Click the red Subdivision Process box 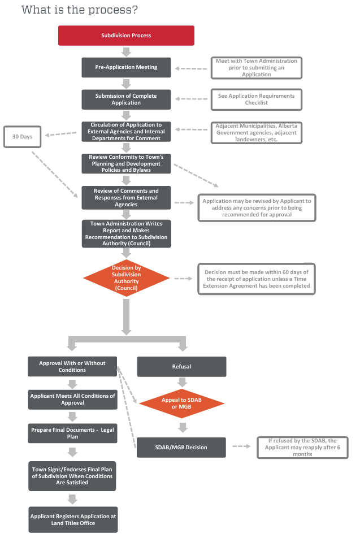click(x=126, y=35)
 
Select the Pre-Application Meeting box click(x=126, y=67)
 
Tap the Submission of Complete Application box click(x=126, y=99)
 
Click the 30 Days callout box click(x=23, y=137)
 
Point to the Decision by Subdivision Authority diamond click(x=126, y=277)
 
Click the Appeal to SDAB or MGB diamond click(x=181, y=403)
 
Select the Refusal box click(x=181, y=367)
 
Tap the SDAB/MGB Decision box click(x=181, y=447)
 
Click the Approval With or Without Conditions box click(x=72, y=367)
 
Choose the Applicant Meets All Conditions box click(x=72, y=400)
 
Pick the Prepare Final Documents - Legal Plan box click(x=72, y=433)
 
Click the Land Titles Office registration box click(x=72, y=519)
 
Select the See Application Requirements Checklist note click(x=256, y=99)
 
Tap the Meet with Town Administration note click(x=256, y=67)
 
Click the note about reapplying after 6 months click(x=302, y=447)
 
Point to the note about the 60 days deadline click(x=256, y=279)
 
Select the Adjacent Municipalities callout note click(x=256, y=132)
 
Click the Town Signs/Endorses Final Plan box click(x=72, y=476)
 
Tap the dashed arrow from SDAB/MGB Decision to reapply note click(x=241, y=446)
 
